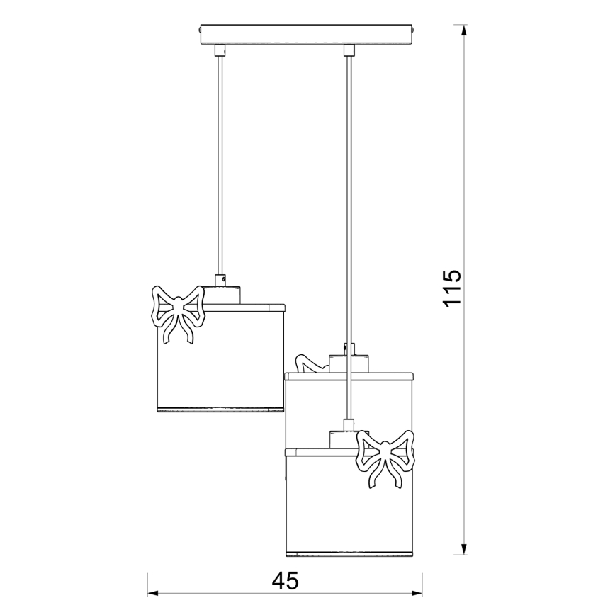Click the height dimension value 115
(451, 288)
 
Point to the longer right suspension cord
(347, 213)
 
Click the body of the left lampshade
(220, 358)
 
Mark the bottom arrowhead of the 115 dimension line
(464, 549)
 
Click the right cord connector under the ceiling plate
(347, 50)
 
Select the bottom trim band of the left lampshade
(220, 408)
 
